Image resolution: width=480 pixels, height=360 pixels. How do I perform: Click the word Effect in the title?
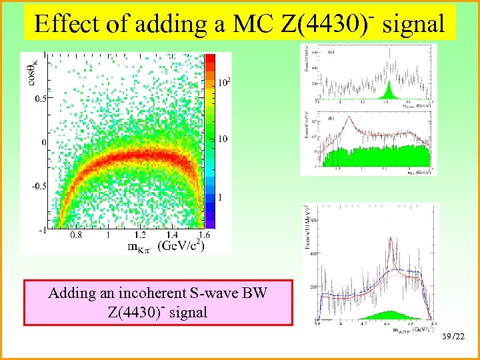click(x=66, y=24)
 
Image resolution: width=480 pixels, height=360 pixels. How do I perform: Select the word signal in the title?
click(x=413, y=24)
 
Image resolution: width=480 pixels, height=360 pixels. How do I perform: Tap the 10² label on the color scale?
click(x=225, y=83)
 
